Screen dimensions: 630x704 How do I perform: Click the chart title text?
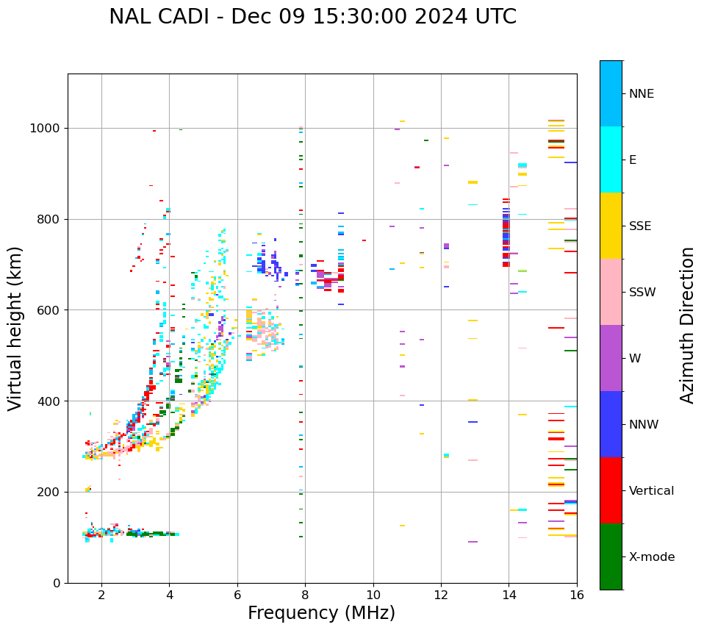(x=312, y=17)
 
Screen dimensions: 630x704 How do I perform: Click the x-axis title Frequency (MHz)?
(x=321, y=613)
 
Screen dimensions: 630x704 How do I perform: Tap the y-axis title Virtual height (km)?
(x=15, y=328)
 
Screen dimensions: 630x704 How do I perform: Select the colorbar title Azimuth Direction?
(x=687, y=325)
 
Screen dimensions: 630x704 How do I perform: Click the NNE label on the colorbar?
(x=641, y=94)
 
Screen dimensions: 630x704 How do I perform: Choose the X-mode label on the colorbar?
(x=651, y=557)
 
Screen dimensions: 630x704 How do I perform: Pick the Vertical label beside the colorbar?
(x=651, y=491)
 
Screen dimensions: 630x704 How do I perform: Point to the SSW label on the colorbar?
(x=642, y=293)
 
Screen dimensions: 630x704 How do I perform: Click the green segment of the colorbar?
(x=611, y=556)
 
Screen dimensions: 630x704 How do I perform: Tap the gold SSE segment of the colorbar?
(x=611, y=226)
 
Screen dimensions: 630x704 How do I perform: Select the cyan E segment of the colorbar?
(x=611, y=160)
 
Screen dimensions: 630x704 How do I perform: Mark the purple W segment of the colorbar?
(x=611, y=358)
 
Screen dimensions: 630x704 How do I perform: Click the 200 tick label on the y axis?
(x=50, y=492)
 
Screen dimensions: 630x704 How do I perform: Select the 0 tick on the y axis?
(x=57, y=583)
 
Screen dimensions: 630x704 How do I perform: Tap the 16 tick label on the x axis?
(x=577, y=595)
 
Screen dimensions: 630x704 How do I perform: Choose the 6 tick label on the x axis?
(x=237, y=595)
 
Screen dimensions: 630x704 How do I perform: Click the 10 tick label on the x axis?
(x=373, y=595)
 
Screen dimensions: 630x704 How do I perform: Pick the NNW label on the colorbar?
(x=644, y=425)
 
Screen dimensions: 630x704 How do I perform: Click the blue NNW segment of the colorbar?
(x=611, y=424)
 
